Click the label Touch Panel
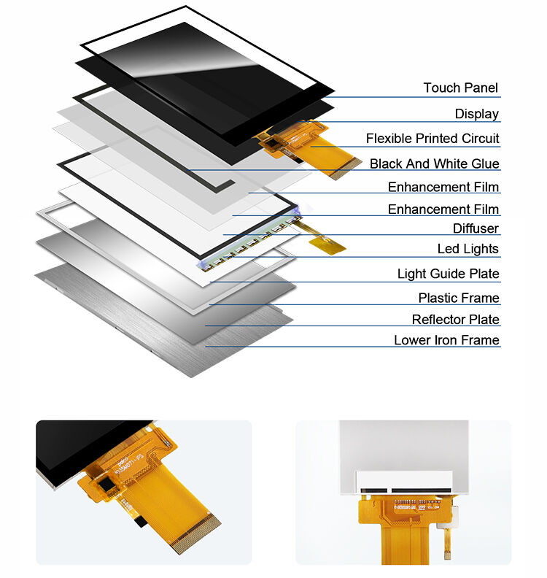(460, 88)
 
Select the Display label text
(477, 114)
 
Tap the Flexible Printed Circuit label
(432, 139)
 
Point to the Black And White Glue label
(434, 164)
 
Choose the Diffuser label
(476, 229)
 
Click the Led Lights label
(468, 250)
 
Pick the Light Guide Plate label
(448, 274)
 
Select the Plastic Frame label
(458, 298)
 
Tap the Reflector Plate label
(455, 320)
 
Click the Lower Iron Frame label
(446, 341)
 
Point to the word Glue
(485, 164)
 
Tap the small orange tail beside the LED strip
(329, 244)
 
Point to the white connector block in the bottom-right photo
(406, 482)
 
